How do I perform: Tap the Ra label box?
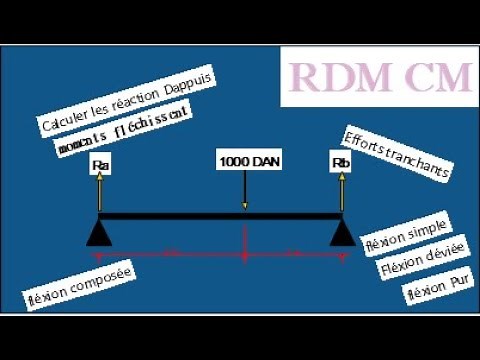click(x=99, y=164)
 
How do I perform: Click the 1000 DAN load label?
click(x=245, y=159)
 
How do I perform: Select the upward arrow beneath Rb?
click(x=343, y=192)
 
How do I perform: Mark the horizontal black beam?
click(x=220, y=216)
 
